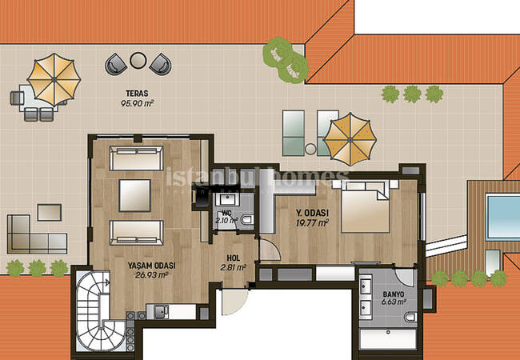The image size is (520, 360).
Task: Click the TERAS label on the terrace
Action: (137, 94)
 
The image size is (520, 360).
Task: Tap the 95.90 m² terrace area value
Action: (137, 103)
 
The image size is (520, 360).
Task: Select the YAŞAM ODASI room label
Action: (151, 266)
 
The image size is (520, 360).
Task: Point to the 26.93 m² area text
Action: (151, 275)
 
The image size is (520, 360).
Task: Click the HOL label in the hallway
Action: (233, 258)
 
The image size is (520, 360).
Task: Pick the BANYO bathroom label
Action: (394, 294)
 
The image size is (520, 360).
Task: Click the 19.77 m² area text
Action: (312, 222)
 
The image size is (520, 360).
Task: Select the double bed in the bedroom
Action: (365, 206)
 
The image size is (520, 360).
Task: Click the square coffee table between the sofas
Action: (135, 195)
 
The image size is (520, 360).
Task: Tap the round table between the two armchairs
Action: (138, 60)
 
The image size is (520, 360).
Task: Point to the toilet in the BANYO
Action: (410, 317)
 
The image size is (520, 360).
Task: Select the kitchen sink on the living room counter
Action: (161, 312)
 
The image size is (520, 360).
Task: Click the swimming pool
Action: (502, 217)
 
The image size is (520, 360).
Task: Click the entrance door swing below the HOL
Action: (234, 302)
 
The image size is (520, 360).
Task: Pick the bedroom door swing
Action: (270, 250)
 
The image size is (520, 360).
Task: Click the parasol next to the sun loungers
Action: (350, 139)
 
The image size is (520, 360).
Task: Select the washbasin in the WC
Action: (227, 199)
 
